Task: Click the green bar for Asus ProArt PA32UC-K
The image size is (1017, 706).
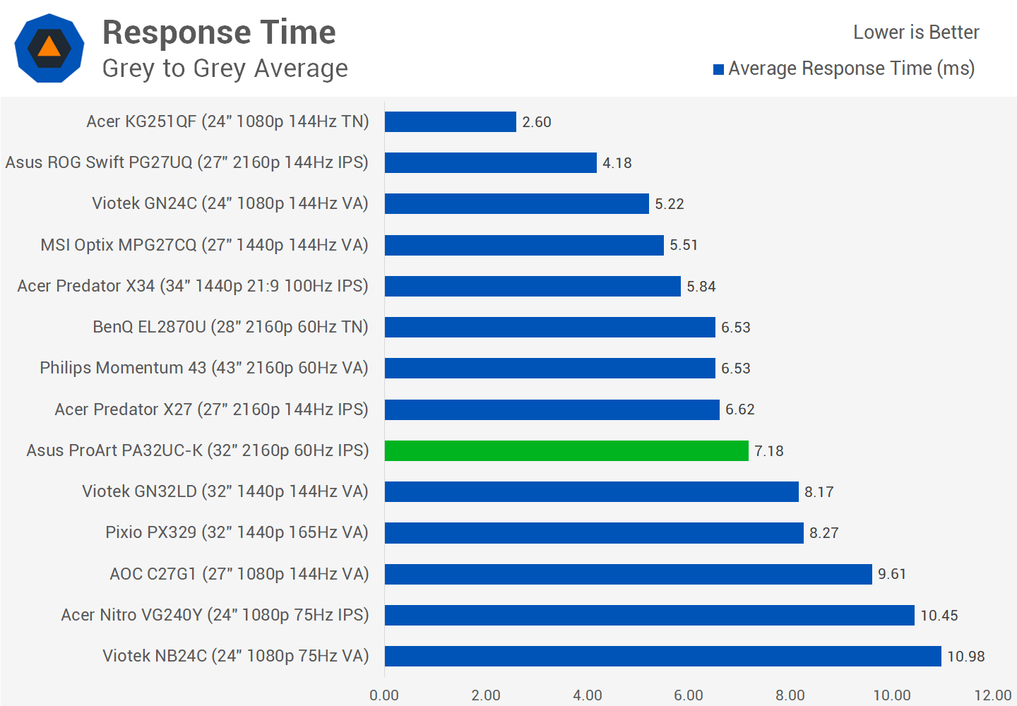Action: [x=566, y=450]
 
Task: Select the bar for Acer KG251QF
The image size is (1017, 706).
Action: [x=451, y=121]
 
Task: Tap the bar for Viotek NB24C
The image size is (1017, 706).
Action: [x=662, y=656]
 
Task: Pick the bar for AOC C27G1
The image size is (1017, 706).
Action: [x=628, y=574]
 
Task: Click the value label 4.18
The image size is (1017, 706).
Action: [x=617, y=163]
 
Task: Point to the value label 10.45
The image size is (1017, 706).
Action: [x=939, y=616]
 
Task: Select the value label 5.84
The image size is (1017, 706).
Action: [x=701, y=287]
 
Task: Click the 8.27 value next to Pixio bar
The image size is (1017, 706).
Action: [x=823, y=533]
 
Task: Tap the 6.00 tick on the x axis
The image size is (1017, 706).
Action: [x=689, y=695]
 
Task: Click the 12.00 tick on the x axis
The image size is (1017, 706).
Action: [x=993, y=695]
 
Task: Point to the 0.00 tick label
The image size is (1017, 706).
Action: [x=384, y=695]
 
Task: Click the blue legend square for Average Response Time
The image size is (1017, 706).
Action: [x=719, y=69]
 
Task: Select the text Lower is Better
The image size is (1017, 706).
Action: [x=916, y=32]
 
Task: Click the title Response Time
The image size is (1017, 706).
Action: [x=219, y=32]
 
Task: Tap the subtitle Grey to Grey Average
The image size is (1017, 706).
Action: [x=225, y=68]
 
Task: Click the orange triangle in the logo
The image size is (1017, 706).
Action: [x=49, y=47]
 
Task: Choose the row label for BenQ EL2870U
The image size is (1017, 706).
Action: [x=230, y=327]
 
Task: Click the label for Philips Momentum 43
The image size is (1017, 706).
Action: [x=204, y=368]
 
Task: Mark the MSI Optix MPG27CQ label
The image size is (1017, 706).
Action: [x=204, y=245]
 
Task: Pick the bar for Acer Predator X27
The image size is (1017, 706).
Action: [x=552, y=409]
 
